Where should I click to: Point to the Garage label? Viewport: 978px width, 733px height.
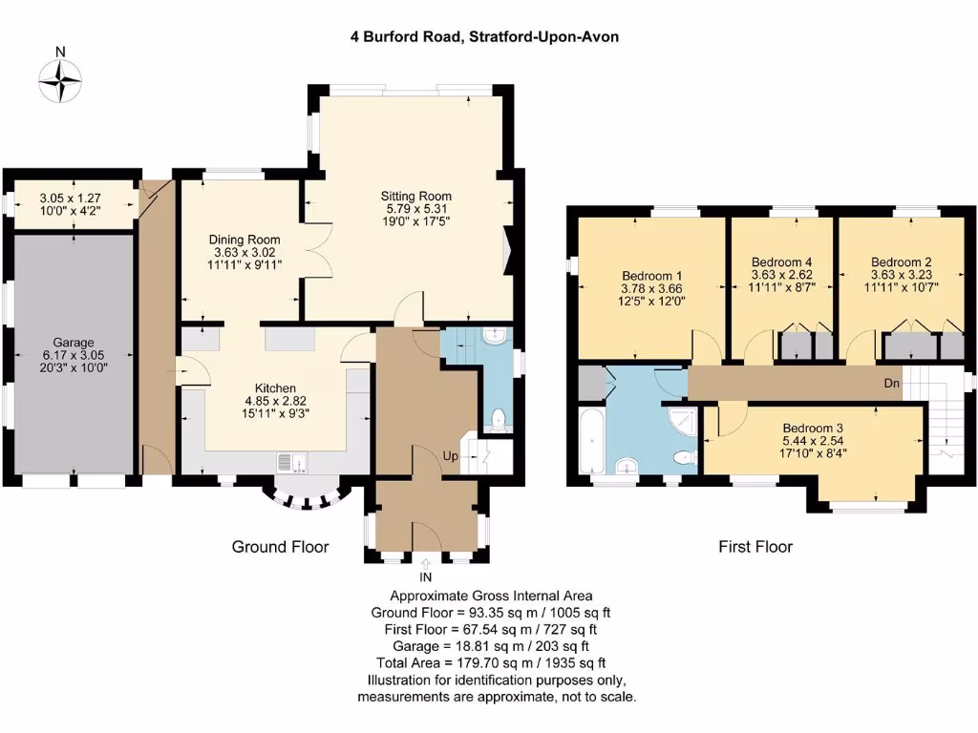coord(73,339)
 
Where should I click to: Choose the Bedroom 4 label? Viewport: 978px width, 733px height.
coord(781,262)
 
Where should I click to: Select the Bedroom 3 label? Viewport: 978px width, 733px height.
coord(813,428)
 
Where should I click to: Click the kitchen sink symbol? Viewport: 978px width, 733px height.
coord(292,463)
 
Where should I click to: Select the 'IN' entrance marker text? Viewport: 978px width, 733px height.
coord(426,577)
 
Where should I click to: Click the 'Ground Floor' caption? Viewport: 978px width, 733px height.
coord(280,547)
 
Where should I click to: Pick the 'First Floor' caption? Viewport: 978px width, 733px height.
coord(755,547)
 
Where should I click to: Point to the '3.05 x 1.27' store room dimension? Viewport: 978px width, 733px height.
coord(70,199)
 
